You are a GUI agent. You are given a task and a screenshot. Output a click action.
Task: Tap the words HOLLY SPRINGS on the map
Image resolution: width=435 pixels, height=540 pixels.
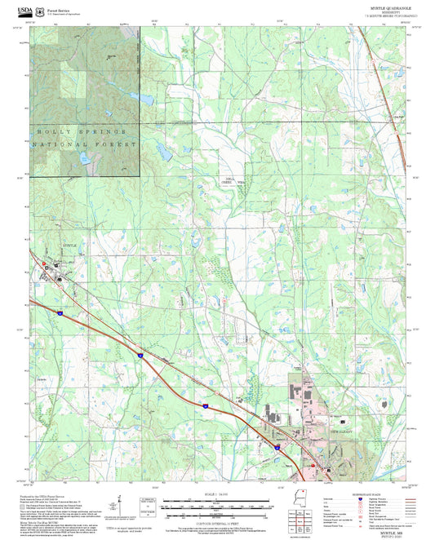(x=82, y=131)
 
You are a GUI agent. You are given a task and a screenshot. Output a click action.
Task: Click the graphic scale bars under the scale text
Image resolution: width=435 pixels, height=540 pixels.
(x=217, y=506)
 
